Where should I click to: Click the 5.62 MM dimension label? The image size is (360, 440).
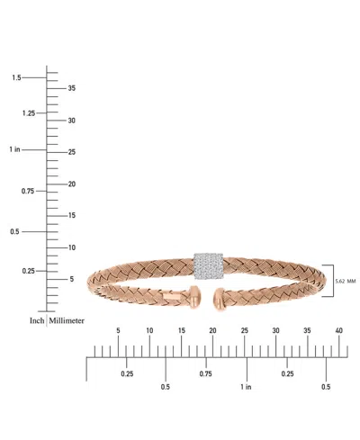(346, 281)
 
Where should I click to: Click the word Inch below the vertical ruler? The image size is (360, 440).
(37, 320)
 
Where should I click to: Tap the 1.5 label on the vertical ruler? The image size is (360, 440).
(16, 78)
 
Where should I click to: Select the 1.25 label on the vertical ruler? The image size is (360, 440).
(28, 113)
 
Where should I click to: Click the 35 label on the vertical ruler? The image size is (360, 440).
(72, 88)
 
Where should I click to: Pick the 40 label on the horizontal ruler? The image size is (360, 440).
(338, 331)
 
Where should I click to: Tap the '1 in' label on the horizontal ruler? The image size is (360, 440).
(246, 387)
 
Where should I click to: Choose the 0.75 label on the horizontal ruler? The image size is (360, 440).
(205, 373)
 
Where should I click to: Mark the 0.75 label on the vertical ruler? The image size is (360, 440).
(28, 191)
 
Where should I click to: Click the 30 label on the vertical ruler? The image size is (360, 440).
(72, 121)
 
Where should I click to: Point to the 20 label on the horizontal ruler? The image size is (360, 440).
(212, 331)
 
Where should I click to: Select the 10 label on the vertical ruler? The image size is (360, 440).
(72, 247)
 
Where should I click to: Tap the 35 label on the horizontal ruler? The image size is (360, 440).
(308, 331)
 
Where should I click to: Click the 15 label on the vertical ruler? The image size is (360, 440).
(72, 215)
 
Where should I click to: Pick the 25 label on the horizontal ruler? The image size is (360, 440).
(244, 331)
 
